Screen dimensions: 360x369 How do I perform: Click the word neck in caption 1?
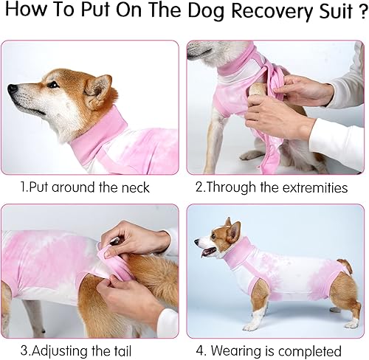(x=133, y=187)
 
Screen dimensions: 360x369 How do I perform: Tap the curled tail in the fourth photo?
(x=345, y=264)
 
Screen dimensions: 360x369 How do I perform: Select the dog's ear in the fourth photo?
(x=232, y=230)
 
